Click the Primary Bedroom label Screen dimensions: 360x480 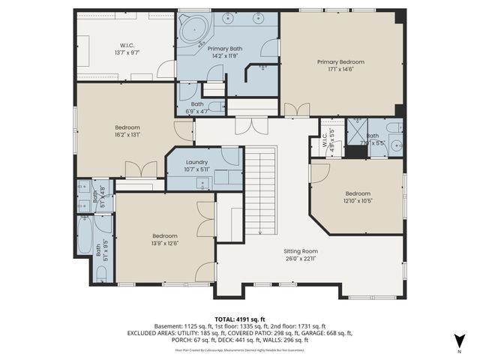pos(340,62)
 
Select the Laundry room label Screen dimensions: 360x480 pos(196,161)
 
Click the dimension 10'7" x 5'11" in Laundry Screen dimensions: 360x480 pos(196,169)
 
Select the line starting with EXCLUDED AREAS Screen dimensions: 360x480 pos(240,333)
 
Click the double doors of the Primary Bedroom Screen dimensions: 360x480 pos(296,109)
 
